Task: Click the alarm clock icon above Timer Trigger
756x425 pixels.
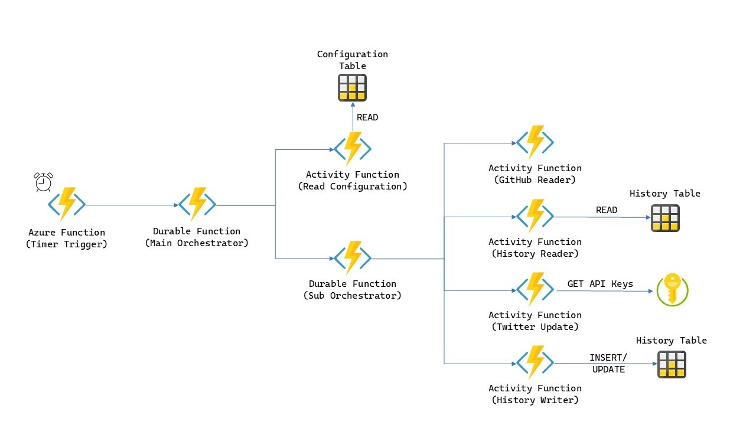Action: tap(43, 182)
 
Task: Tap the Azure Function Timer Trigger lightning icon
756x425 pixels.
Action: tap(67, 204)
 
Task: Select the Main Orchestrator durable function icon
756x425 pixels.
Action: tap(197, 204)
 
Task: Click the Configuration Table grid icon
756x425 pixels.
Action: tap(352, 87)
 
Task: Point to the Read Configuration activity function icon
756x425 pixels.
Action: tap(353, 148)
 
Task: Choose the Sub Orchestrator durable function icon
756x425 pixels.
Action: tap(353, 258)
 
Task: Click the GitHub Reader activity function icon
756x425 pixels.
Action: tap(535, 142)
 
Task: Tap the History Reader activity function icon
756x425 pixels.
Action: tap(535, 216)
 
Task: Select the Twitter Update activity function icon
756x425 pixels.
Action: tap(535, 289)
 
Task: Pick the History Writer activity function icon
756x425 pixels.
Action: tap(535, 362)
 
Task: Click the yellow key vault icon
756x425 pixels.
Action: tap(673, 289)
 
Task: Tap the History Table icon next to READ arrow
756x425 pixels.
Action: tap(665, 218)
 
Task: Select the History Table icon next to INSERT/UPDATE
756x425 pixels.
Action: tap(672, 364)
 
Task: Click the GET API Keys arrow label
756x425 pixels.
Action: tap(600, 284)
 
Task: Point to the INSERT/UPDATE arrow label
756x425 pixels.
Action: tap(608, 364)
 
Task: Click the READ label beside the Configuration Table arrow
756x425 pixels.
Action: tap(367, 117)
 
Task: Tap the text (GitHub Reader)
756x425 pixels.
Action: tap(535, 180)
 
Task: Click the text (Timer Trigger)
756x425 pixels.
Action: tap(67, 244)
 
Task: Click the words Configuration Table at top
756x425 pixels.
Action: tap(353, 60)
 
